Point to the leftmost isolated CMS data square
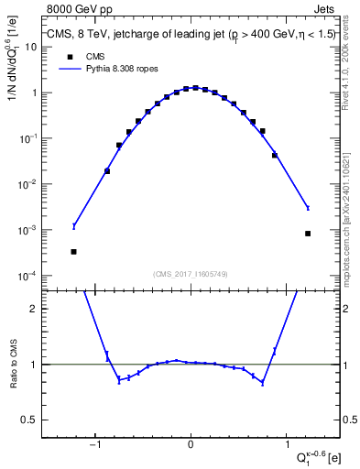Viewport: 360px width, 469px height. [74, 251]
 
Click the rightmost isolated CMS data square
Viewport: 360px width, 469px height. [308, 234]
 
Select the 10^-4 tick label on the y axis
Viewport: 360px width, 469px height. [27, 276]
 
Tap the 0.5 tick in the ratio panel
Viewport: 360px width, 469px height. [30, 420]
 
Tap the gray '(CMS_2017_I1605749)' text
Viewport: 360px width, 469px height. [191, 274]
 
